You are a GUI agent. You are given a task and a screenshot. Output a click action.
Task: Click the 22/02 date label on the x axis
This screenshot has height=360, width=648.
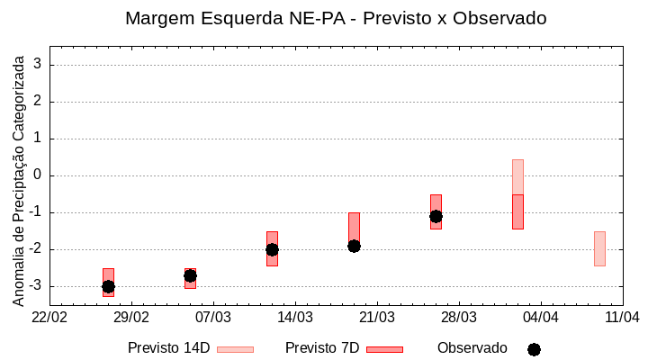pos(49,317)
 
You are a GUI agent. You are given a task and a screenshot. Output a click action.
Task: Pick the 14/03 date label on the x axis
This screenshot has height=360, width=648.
pos(295,317)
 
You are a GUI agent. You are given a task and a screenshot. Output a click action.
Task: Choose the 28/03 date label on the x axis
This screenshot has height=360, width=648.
pos(459,317)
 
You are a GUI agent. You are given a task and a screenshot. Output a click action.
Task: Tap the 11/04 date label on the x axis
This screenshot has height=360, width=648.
pos(622,317)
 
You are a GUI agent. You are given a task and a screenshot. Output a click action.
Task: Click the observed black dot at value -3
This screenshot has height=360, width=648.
pos(108,286)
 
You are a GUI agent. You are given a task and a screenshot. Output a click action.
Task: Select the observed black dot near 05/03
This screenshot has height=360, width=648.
pos(190,275)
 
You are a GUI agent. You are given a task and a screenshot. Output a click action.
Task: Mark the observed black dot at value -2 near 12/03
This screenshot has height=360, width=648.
pos(272,249)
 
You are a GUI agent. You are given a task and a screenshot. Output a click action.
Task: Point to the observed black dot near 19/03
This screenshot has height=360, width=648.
pos(354,246)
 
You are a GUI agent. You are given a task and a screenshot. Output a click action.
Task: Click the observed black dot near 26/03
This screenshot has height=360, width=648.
pos(436,216)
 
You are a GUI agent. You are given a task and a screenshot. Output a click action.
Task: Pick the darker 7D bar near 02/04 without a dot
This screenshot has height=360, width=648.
pos(517,211)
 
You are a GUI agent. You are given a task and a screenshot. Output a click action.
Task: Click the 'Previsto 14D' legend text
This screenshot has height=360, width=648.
pos(168,348)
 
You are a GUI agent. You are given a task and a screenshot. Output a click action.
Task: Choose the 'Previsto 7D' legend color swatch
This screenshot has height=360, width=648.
pos(384,349)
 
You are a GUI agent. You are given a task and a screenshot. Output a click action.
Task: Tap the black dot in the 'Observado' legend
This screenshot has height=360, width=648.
pos(534,349)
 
